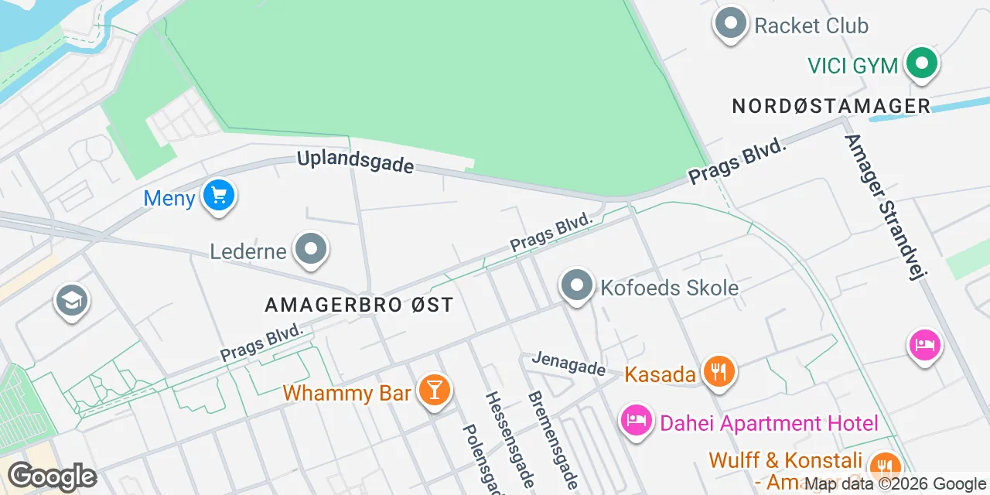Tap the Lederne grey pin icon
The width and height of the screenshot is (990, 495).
tap(312, 250)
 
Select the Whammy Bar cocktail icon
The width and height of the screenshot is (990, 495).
tap(434, 389)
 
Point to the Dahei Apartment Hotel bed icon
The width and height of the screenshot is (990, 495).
tap(636, 421)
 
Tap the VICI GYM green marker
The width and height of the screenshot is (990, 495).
tap(921, 63)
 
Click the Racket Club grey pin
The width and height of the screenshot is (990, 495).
tap(731, 23)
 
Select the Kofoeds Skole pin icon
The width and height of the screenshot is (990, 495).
tap(576, 285)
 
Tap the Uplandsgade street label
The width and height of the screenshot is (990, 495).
tap(356, 162)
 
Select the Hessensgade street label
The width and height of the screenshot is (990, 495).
tap(508, 438)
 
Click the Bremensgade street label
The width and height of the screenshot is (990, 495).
tap(552, 439)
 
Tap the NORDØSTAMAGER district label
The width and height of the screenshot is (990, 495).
tap(831, 106)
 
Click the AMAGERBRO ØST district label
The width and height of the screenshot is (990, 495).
tap(359, 305)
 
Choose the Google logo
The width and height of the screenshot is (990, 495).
tap(52, 476)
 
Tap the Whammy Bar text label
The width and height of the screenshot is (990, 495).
tap(346, 392)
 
